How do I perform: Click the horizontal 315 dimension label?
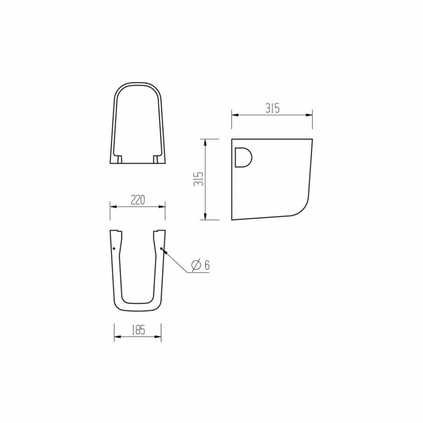click(x=272, y=108)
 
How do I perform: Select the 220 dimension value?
click(x=138, y=200)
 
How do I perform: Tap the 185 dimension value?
click(x=139, y=330)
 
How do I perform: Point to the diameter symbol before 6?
click(x=196, y=265)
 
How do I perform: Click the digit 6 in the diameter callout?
click(x=207, y=265)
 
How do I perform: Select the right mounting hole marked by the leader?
click(x=161, y=248)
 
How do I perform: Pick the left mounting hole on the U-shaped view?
click(x=114, y=248)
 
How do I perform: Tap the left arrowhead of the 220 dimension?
click(x=113, y=207)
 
